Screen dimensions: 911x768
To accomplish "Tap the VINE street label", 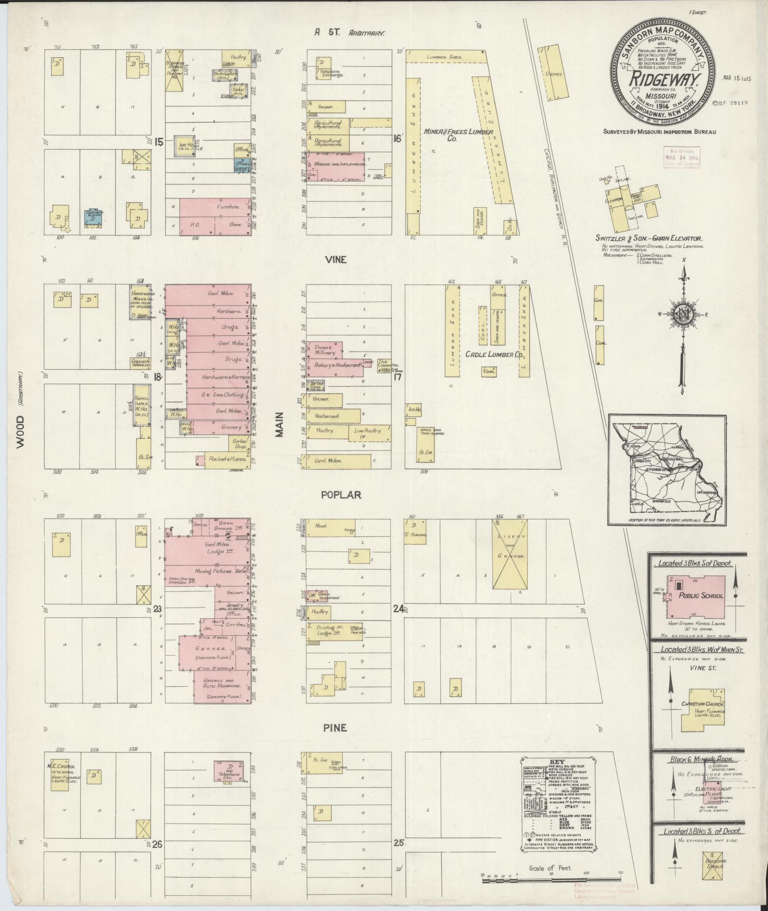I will (336, 260).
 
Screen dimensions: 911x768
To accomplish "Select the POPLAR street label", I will (340, 495).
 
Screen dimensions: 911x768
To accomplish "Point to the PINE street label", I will (336, 728).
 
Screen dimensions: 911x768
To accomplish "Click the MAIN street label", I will (279, 424).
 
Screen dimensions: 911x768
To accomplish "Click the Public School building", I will (696, 596).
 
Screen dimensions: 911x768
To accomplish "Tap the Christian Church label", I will (702, 704).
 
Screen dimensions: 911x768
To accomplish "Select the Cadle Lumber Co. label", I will (494, 355).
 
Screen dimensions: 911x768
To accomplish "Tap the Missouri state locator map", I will (667, 469).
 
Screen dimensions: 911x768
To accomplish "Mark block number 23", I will (158, 608).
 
